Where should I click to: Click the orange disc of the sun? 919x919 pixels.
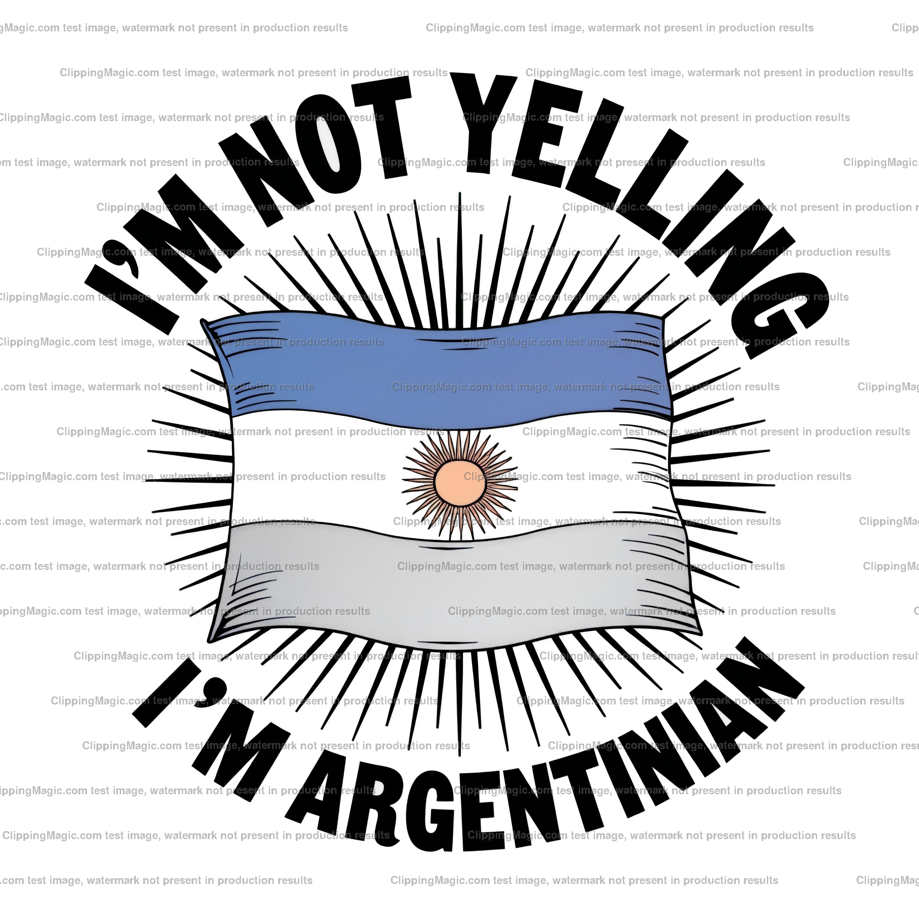pos(459,482)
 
